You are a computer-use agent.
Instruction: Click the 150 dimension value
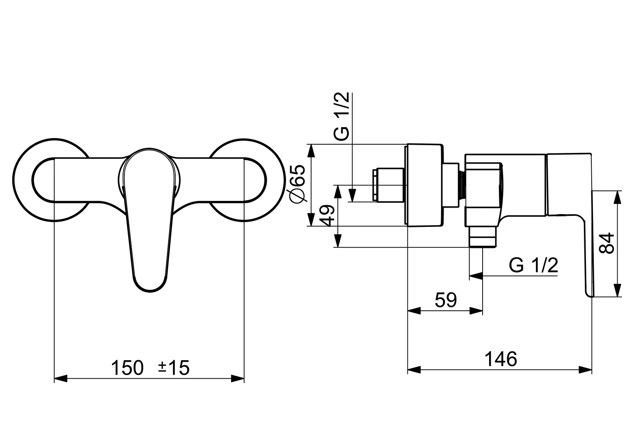point(127,368)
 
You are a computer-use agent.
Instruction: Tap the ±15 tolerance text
point(174,368)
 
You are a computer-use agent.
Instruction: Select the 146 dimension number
point(501,359)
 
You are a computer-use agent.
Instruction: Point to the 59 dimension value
point(446,301)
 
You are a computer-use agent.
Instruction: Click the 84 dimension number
point(607,243)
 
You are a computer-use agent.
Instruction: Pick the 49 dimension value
point(327,215)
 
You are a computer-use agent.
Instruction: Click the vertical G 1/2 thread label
point(341,117)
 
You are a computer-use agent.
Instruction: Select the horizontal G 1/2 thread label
point(533,266)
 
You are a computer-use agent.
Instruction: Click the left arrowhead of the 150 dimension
point(61,379)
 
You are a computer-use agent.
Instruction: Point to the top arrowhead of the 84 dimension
point(617,197)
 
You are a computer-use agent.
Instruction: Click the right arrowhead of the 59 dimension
point(476,311)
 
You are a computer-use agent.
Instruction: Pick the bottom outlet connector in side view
point(483,237)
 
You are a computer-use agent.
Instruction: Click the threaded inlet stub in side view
point(388,185)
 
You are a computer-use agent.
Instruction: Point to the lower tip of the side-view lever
point(589,293)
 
